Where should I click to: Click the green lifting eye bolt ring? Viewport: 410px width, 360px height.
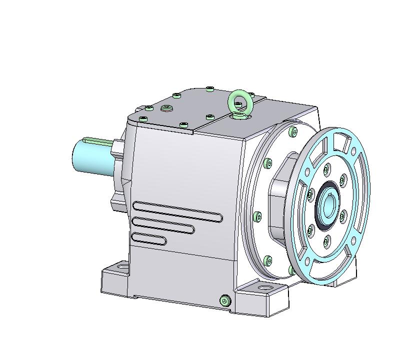(239, 101)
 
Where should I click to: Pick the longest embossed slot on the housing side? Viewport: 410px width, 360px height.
(177, 210)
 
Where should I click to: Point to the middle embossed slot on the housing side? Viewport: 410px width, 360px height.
(163, 224)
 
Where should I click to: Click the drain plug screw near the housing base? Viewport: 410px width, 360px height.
(225, 300)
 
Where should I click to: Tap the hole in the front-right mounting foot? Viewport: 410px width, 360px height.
(262, 288)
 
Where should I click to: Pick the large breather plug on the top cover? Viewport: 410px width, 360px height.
(166, 108)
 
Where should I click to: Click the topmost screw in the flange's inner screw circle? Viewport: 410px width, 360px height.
(327, 168)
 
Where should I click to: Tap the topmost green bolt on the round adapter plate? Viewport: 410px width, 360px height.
(292, 132)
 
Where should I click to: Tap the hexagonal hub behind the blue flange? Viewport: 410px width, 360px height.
(280, 200)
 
